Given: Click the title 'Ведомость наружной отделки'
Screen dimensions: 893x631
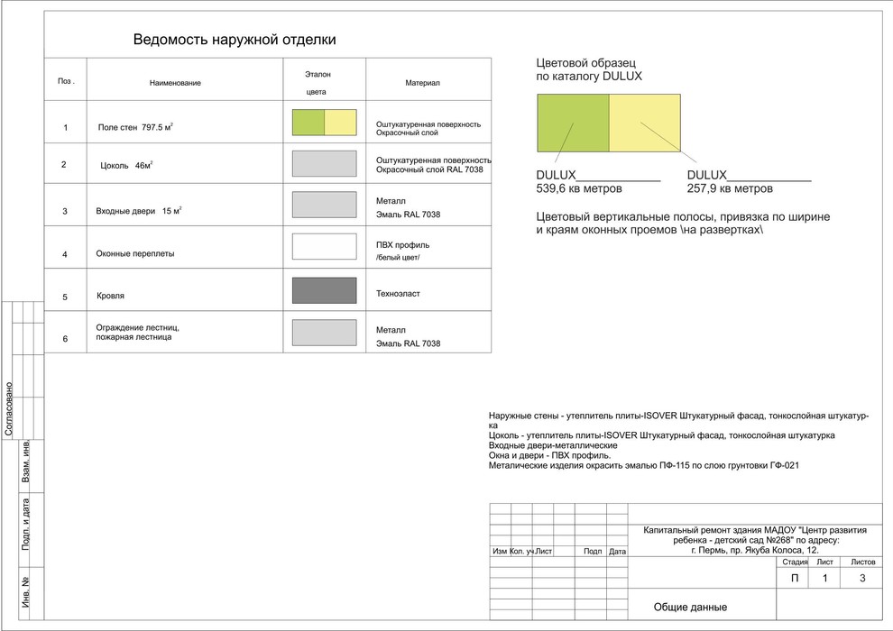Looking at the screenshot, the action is [x=235, y=40].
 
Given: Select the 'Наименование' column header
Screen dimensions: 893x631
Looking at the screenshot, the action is [x=175, y=83].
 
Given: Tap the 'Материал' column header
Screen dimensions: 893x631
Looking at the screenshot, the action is [x=422, y=83].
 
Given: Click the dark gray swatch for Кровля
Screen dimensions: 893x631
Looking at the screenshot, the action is [x=325, y=291].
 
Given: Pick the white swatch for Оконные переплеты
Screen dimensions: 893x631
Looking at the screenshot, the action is [x=325, y=247].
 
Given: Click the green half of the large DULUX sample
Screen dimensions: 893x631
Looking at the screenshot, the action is [x=573, y=123].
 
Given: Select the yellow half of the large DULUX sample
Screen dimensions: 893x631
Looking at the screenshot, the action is [x=645, y=123].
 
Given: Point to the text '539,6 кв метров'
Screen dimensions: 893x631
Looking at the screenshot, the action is [x=578, y=189].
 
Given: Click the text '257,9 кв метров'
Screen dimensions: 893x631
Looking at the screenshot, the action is [x=730, y=189].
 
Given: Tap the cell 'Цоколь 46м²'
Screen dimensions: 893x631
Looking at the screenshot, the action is [x=126, y=166].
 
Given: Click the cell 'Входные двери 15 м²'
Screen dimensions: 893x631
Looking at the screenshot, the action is [x=138, y=211].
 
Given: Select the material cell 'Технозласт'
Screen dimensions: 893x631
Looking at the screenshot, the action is [x=398, y=294].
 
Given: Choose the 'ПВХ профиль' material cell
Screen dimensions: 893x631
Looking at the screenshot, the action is [x=402, y=245].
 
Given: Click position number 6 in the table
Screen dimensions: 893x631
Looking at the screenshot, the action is [x=65, y=339].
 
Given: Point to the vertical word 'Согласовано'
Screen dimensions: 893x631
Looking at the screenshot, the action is [x=8, y=408].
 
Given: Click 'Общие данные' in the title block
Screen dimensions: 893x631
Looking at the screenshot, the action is [x=690, y=608].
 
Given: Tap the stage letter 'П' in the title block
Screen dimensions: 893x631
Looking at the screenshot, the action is [x=795, y=578].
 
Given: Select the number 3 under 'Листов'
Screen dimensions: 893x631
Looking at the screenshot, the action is [x=862, y=578].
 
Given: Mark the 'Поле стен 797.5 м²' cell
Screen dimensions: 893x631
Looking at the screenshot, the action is [x=135, y=127].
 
